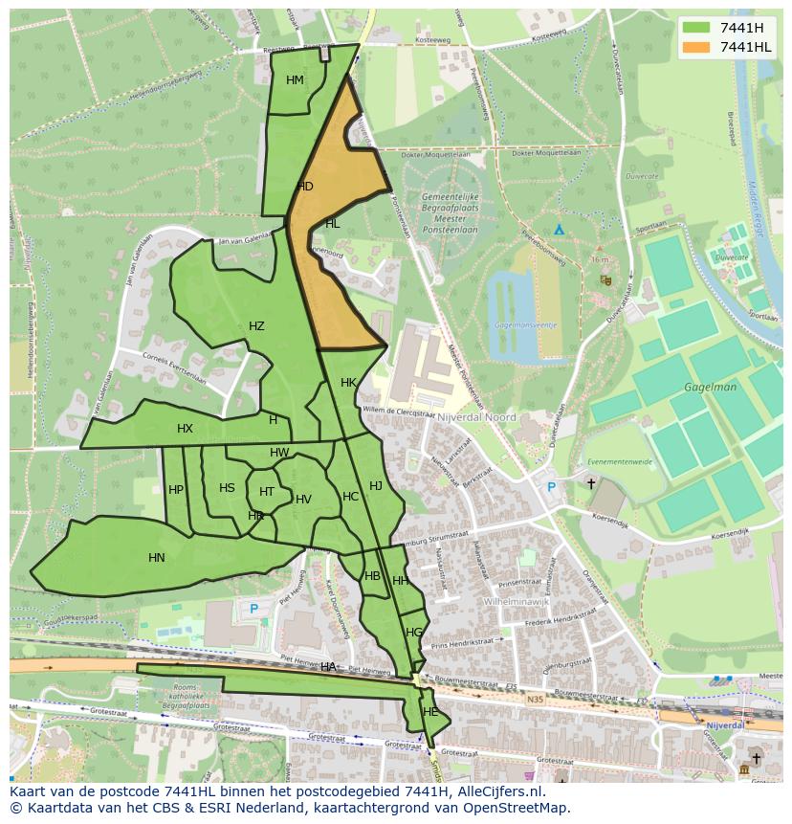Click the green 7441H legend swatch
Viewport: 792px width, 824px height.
696,28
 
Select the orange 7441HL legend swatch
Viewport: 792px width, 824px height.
696,47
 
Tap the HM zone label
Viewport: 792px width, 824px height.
295,80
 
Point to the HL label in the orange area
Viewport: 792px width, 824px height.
332,224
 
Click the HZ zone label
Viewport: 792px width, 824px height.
256,326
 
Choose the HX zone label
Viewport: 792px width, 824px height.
185,429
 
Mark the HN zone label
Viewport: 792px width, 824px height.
157,558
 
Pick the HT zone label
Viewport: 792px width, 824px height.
267,492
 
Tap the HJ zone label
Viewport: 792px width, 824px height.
376,486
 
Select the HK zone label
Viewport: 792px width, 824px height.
348,383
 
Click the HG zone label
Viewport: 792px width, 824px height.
413,633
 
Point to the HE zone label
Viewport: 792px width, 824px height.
430,712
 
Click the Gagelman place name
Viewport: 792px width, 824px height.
710,388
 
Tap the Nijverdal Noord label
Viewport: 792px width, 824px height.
475,417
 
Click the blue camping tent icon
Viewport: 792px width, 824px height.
559,230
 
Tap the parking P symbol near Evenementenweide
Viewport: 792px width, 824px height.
551,487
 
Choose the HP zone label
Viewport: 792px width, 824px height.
176,490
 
